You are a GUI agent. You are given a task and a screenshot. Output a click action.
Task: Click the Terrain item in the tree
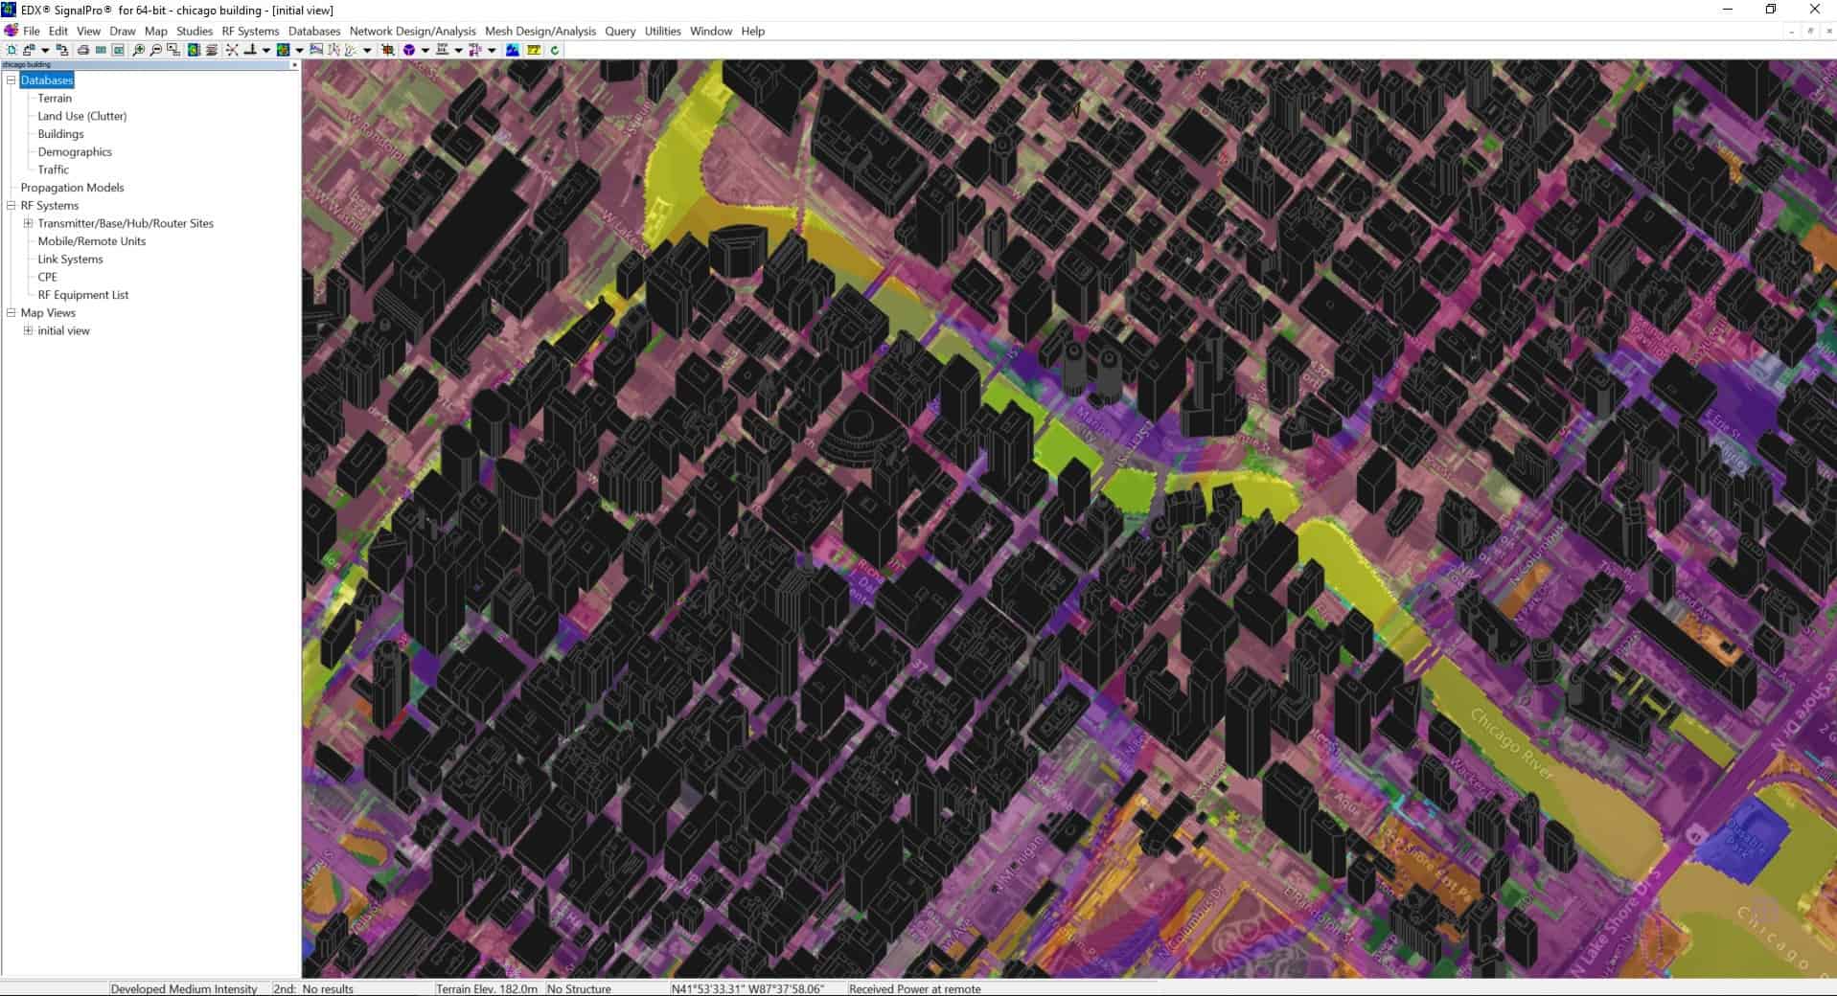click(x=55, y=98)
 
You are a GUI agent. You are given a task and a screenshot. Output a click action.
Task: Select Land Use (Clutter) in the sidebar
click(x=81, y=116)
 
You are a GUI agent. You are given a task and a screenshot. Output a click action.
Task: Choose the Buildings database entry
click(x=60, y=134)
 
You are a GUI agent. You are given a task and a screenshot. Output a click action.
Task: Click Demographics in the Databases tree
click(x=75, y=151)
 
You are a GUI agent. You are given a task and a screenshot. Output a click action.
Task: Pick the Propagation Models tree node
click(x=72, y=188)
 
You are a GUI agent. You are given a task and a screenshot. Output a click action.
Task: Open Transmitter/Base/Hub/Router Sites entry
click(x=126, y=223)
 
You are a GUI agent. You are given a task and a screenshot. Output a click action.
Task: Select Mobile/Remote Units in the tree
click(x=92, y=241)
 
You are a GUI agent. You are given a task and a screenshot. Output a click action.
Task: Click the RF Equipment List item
click(x=83, y=295)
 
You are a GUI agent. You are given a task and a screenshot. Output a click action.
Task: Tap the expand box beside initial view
click(x=28, y=330)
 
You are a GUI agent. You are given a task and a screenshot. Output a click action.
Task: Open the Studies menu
click(x=195, y=31)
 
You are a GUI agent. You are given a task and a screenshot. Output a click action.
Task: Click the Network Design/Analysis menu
click(x=412, y=31)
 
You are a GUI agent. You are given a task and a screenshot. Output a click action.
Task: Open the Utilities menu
click(x=662, y=31)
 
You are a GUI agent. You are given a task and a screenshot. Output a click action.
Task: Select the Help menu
click(x=753, y=31)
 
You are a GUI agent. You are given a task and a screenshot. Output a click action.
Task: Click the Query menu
click(x=620, y=31)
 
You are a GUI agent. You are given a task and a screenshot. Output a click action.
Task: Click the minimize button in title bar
click(x=1728, y=10)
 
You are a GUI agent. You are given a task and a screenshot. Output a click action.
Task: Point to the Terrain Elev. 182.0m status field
click(x=487, y=988)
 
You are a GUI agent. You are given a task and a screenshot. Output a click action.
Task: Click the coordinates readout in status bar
click(x=747, y=988)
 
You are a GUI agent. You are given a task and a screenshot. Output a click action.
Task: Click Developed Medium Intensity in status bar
click(x=184, y=988)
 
